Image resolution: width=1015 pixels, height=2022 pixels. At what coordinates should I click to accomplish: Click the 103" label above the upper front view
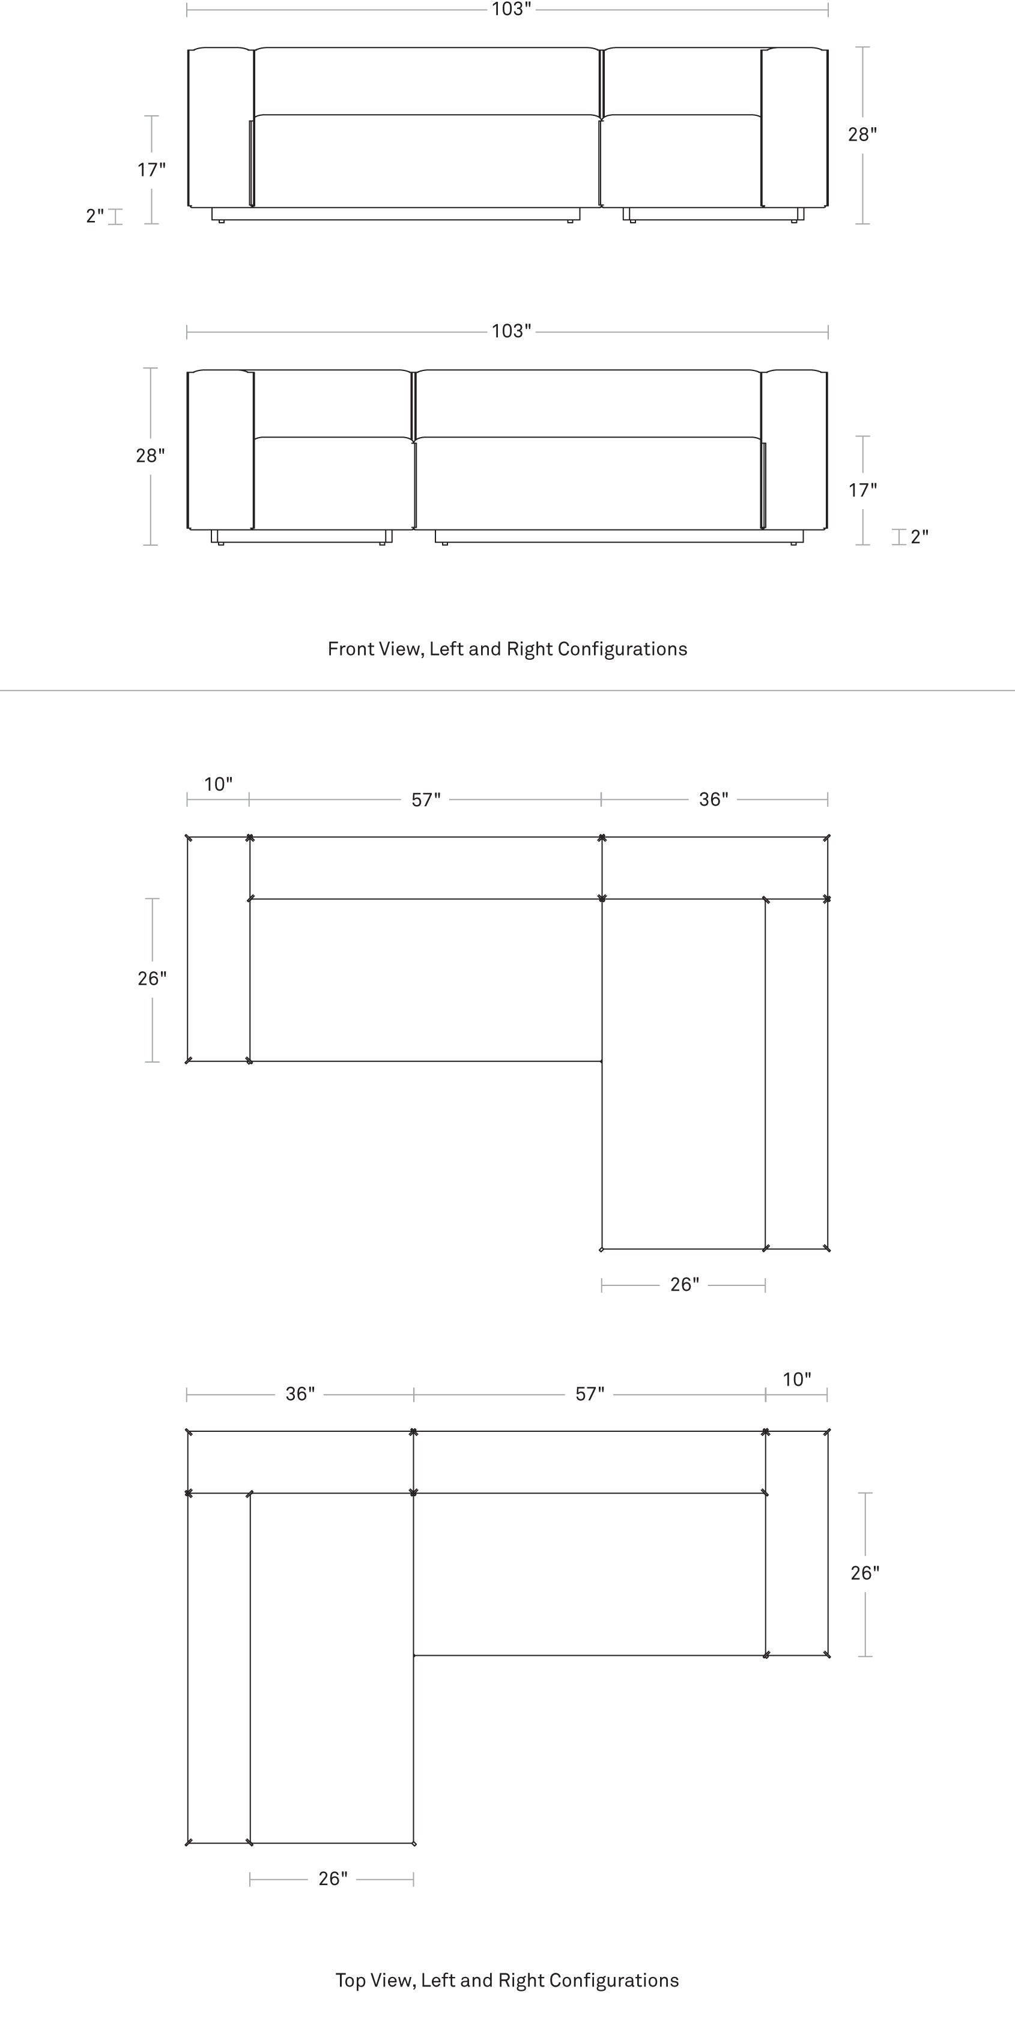[x=511, y=10]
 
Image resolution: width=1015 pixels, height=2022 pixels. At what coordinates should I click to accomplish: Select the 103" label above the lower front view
[x=511, y=331]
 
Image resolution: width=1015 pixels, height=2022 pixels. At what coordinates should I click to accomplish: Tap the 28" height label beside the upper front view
[x=862, y=135]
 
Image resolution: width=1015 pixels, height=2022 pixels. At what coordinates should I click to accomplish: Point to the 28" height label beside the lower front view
[x=150, y=456]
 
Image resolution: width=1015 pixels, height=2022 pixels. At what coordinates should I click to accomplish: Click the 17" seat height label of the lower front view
[x=862, y=490]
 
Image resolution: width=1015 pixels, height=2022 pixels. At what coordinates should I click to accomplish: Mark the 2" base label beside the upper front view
[x=95, y=216]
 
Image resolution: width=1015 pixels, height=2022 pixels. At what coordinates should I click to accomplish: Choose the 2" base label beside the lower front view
[x=920, y=537]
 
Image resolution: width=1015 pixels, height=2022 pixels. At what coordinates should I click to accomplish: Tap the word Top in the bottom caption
[x=350, y=1981]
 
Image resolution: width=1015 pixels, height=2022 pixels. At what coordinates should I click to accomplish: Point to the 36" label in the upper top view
[x=714, y=799]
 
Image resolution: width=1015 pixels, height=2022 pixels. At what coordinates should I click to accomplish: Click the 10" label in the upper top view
[x=218, y=784]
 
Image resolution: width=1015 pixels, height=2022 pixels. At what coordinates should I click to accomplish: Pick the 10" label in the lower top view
[x=797, y=1379]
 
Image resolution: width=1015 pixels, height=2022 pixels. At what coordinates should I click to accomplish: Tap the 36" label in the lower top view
[x=300, y=1393]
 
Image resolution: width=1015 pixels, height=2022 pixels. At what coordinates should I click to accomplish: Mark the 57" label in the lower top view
[x=590, y=1393]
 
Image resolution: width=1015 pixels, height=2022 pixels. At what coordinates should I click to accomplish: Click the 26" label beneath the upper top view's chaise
[x=685, y=1284]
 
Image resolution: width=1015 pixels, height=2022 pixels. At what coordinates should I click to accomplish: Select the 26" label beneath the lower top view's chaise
[x=333, y=1879]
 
